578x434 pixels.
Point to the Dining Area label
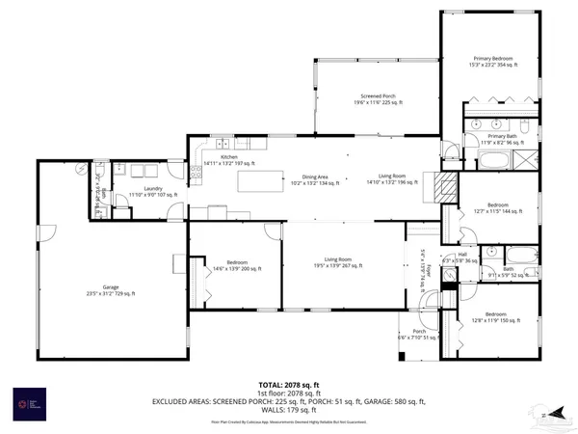316,178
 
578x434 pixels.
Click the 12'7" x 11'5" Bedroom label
497,207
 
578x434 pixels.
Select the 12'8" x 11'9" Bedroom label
496,317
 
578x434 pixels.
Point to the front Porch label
418,335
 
